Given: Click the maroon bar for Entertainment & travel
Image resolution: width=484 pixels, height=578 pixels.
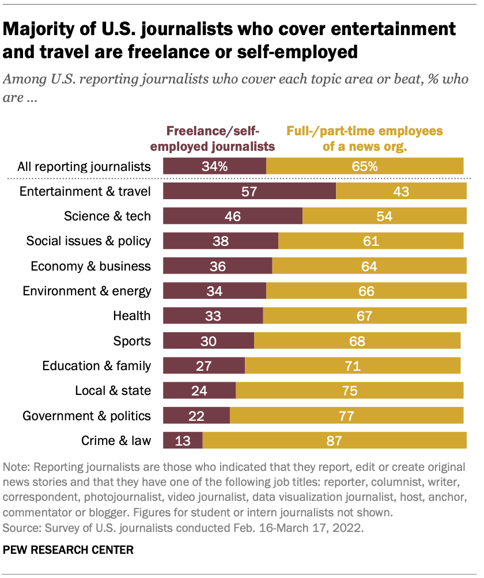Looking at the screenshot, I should pos(249,191).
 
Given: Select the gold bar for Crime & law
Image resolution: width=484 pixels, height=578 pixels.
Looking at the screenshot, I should pos(334,441).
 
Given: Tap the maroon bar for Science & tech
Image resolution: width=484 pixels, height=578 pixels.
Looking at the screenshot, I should pos(233,216).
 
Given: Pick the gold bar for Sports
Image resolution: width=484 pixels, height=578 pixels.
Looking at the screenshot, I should pos(357,341).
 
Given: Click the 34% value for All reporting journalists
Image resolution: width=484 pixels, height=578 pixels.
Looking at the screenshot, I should pos(215,167).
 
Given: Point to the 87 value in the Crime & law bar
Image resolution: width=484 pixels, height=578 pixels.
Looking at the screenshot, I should pos(334,441).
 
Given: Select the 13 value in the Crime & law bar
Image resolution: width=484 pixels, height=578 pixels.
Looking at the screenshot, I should pos(183,441).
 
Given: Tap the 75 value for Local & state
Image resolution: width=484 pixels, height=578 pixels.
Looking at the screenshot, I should pos(349,391).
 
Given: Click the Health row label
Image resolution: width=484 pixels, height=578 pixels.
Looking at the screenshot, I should pos(132,315).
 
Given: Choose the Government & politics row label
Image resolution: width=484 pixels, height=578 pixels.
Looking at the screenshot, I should pos(86,416).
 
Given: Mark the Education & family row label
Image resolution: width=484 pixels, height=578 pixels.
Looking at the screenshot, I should pos(97,366).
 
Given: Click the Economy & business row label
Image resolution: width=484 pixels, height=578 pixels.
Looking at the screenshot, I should pos(90,266).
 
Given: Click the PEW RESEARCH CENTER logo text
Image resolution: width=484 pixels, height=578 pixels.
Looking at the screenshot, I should pos(68,550).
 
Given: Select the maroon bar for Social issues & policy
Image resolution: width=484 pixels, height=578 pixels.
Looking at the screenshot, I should pos(221,241).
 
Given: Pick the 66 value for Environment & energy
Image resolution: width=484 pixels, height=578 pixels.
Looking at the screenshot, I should pos(366,291).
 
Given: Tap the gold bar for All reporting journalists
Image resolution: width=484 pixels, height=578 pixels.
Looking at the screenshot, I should pos(365,167).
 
